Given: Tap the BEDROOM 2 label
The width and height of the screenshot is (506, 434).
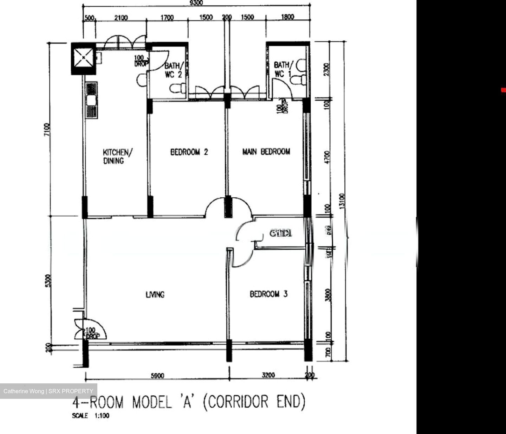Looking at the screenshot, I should tap(189, 152).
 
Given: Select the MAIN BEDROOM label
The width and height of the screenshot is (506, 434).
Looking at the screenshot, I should tap(266, 152).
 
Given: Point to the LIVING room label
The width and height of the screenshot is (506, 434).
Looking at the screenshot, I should tap(155, 294).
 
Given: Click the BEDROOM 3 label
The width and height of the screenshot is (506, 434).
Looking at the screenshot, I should tap(268, 294).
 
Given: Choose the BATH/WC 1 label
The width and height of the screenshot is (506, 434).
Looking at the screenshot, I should tap(282, 69).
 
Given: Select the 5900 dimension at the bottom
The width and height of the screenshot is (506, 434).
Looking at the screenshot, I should tap(157, 376).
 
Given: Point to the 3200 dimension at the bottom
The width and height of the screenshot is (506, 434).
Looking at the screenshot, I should tap(268, 375).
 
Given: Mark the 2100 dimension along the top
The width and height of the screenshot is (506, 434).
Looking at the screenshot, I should tap(121, 18).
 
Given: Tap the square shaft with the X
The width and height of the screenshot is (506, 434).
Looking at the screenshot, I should tap(83, 58).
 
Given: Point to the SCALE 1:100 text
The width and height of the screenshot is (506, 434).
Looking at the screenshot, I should tap(91, 416).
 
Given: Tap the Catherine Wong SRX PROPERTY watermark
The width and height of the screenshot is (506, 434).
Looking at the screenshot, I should tap(48, 391).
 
